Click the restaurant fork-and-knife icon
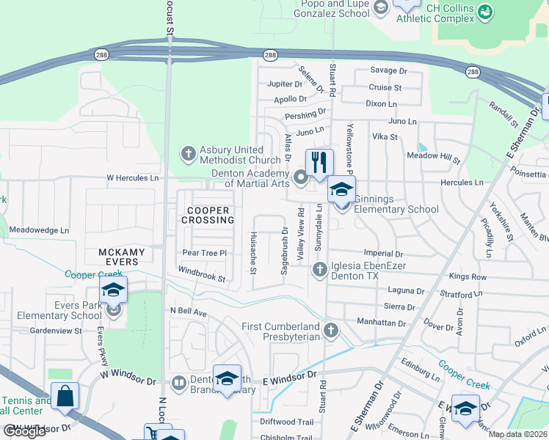click(319, 162)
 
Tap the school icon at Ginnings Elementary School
click(341, 189)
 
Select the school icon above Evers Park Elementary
click(113, 290)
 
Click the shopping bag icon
click(65, 396)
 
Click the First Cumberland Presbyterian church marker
click(331, 331)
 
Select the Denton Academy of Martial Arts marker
click(300, 177)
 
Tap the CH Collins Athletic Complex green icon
click(484, 11)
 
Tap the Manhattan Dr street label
click(381, 323)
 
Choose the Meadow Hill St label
click(435, 157)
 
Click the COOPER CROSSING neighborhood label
click(207, 215)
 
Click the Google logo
click(24, 431)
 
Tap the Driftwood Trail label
click(287, 422)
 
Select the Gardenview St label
click(51, 331)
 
